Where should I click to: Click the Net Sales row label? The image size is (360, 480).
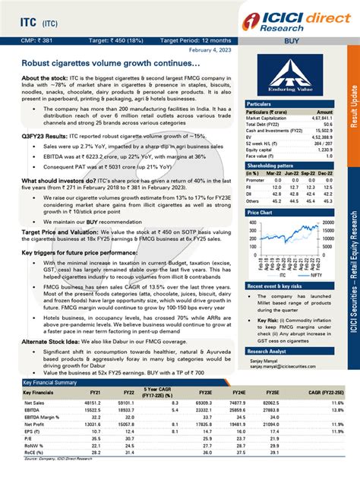[x=34, y=402]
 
